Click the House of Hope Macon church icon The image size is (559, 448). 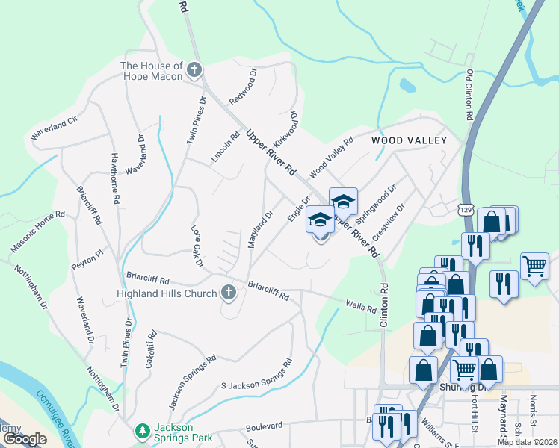(x=194, y=70)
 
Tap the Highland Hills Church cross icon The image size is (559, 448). (x=229, y=293)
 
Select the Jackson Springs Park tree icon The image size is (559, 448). (x=142, y=432)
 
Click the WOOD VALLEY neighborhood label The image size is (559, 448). (x=410, y=140)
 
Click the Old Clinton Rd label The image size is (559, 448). (x=469, y=96)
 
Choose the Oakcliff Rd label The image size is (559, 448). (x=150, y=349)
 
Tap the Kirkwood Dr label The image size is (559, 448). (x=285, y=128)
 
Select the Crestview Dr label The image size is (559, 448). (x=388, y=222)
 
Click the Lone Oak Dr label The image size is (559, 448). (x=197, y=245)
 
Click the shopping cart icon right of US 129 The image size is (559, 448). (x=534, y=265)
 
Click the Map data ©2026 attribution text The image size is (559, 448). (x=526, y=442)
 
